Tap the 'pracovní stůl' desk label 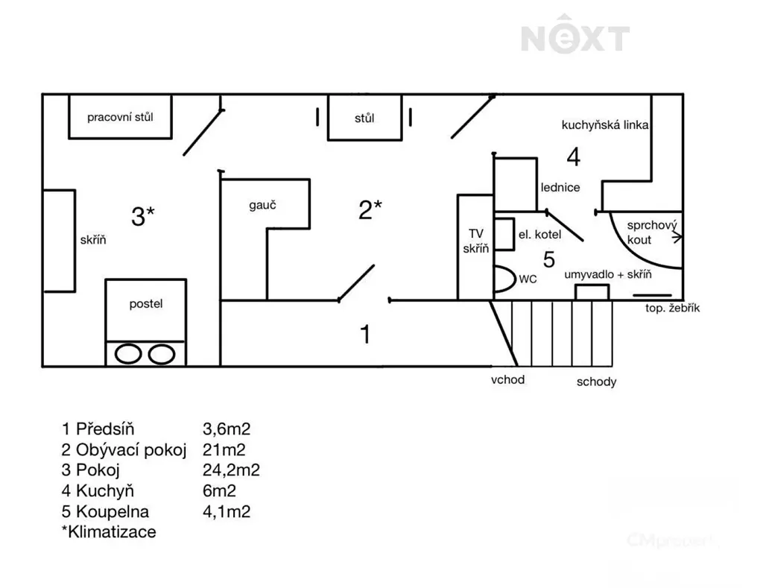[120, 117]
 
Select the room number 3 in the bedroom [138, 216]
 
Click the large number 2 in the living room [365, 210]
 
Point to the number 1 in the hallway [365, 335]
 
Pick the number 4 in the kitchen [574, 157]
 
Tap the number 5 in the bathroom [549, 259]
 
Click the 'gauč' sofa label [263, 205]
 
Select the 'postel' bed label [146, 304]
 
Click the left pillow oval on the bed [128, 354]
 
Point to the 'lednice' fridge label [560, 187]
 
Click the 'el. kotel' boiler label [539, 235]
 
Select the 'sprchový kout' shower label [651, 233]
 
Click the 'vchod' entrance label [507, 379]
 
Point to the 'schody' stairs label [597, 382]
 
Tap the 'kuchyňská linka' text [605, 125]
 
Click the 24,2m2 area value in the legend [231, 470]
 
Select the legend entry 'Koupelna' [113, 511]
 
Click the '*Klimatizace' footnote [109, 531]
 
